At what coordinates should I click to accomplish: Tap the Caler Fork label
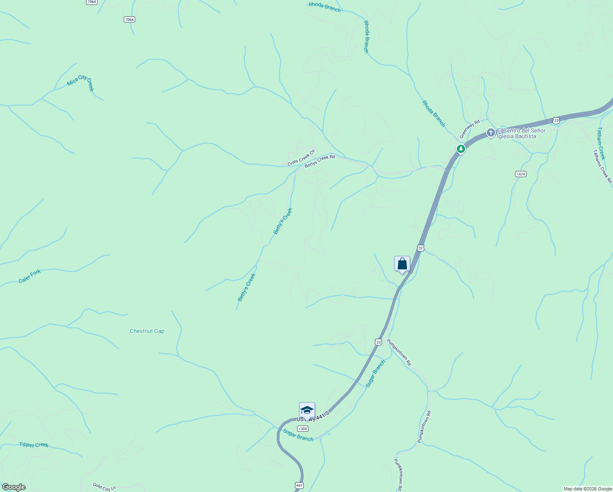[30, 276]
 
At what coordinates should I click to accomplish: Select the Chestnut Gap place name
[147, 331]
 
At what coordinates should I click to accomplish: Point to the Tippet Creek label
[34, 445]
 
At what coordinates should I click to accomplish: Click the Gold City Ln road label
[104, 487]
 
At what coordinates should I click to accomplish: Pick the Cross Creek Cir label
[301, 158]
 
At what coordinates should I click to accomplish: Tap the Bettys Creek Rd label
[320, 161]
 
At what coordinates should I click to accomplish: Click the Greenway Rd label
[469, 129]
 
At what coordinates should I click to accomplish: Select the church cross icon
[490, 133]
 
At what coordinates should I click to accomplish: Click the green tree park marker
[461, 148]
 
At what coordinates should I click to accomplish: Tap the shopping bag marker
[402, 264]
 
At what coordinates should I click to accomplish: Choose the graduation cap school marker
[307, 410]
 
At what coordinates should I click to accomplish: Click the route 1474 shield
[520, 174]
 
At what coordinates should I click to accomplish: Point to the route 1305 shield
[302, 429]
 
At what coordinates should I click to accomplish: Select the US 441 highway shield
[299, 485]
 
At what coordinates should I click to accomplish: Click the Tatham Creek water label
[601, 143]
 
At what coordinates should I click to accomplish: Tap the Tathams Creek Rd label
[602, 166]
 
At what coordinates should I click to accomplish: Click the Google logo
[14, 487]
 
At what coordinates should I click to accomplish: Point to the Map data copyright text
[587, 489]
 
